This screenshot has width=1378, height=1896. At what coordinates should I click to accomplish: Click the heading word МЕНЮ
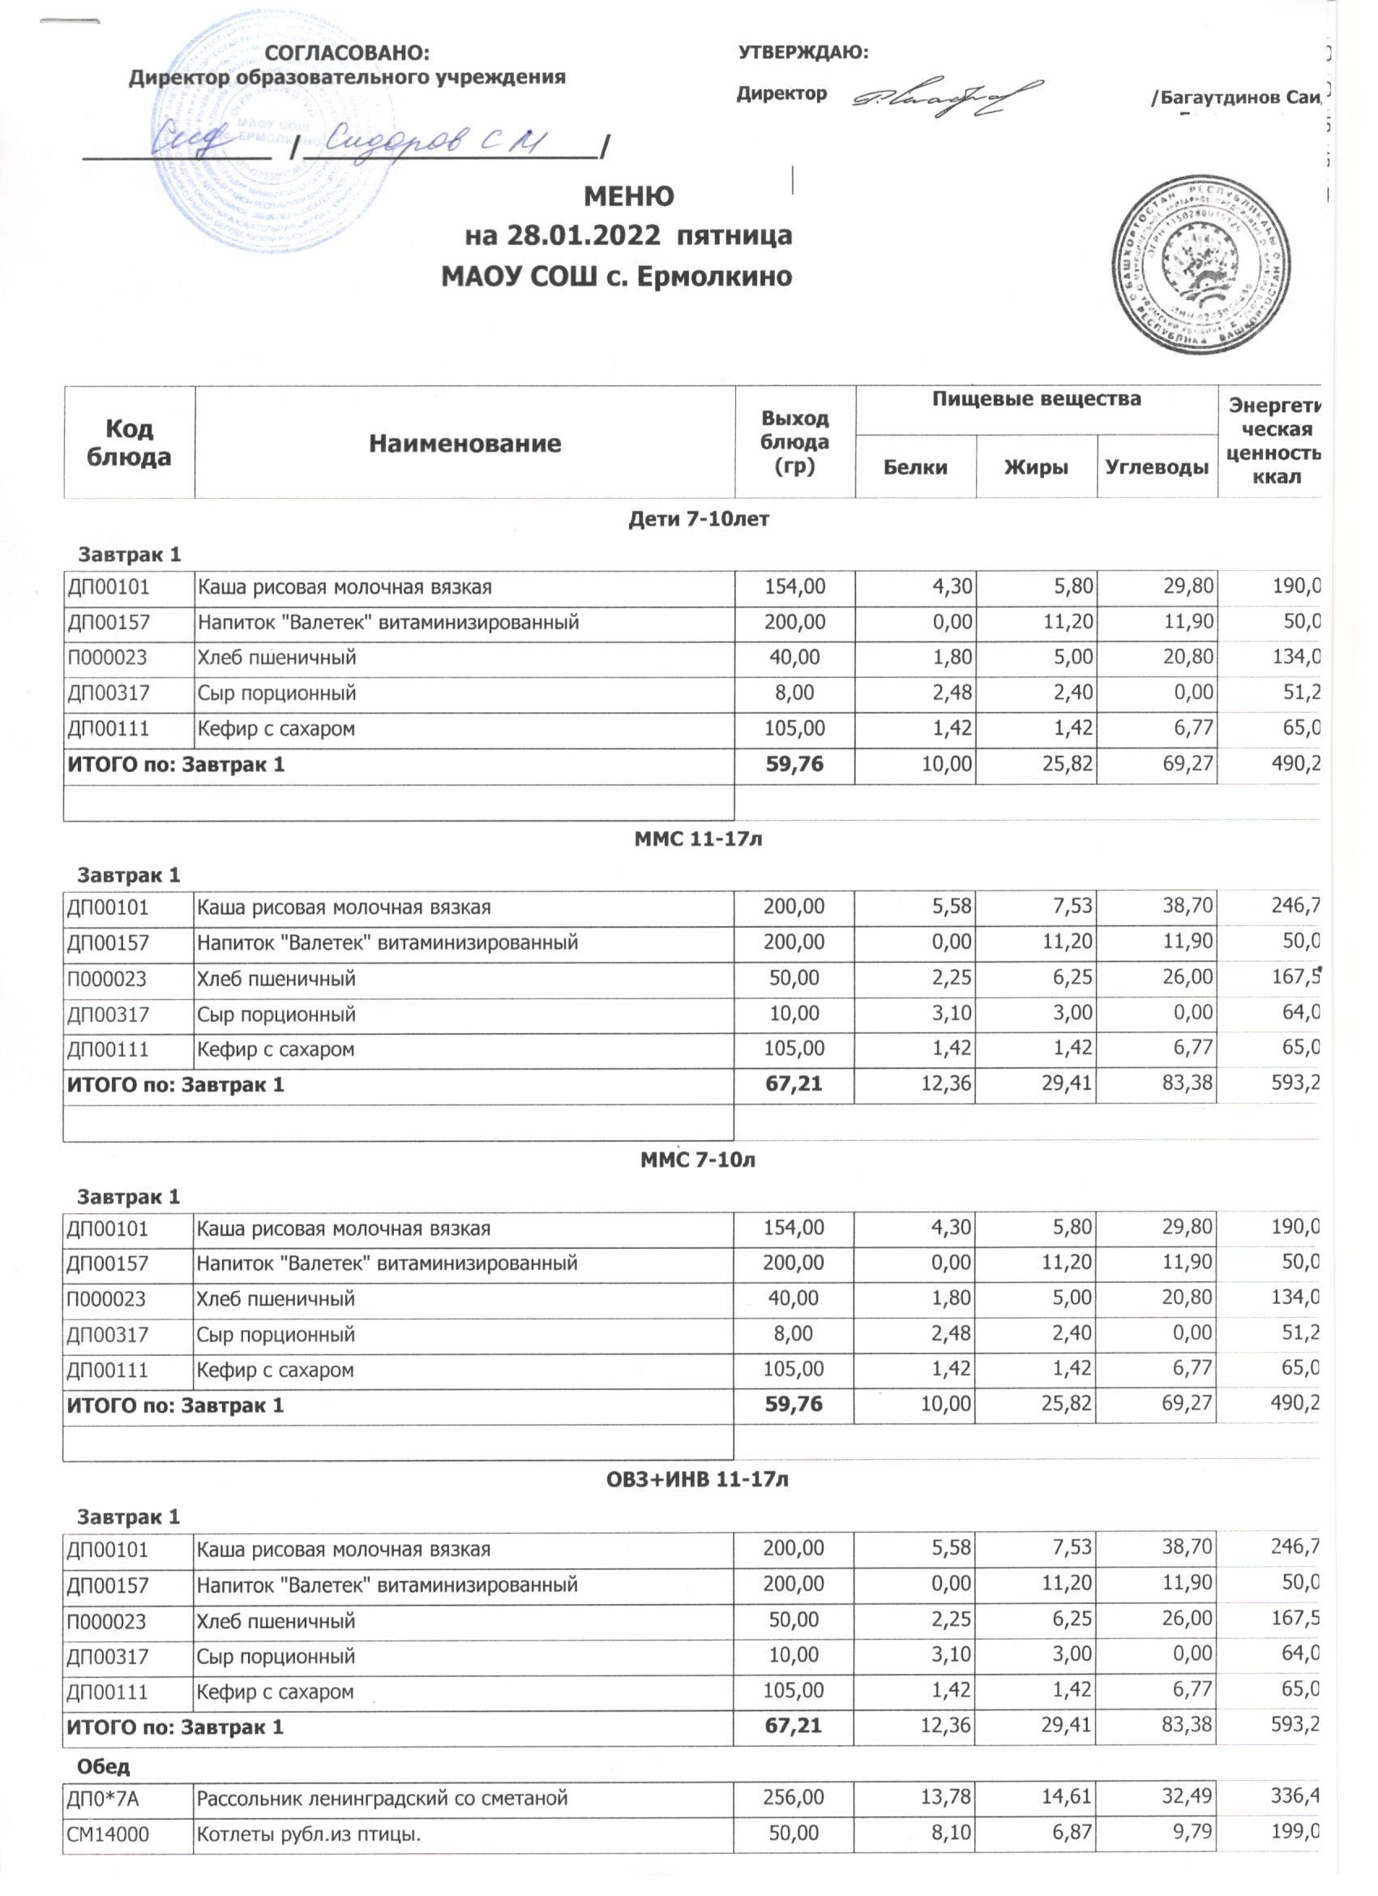pyautogui.click(x=627, y=196)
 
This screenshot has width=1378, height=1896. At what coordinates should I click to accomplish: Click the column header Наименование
pyautogui.click(x=464, y=443)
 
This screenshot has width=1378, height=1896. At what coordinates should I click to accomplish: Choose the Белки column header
pyautogui.click(x=915, y=467)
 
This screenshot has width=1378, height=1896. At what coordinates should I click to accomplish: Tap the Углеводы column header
pyautogui.click(x=1157, y=467)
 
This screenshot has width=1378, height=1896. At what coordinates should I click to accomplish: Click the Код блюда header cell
pyautogui.click(x=129, y=443)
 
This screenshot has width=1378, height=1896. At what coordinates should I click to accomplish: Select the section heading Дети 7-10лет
pyautogui.click(x=698, y=519)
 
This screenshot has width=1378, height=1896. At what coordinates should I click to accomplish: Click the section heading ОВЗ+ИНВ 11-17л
pyautogui.click(x=697, y=1480)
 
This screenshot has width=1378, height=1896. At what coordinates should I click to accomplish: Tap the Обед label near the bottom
pyautogui.click(x=104, y=1766)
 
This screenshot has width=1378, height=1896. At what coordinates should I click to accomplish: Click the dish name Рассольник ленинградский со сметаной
pyautogui.click(x=382, y=1797)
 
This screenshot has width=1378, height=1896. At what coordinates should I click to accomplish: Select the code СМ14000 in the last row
pyautogui.click(x=109, y=1833)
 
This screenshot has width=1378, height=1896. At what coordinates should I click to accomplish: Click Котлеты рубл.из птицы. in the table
pyautogui.click(x=308, y=1833)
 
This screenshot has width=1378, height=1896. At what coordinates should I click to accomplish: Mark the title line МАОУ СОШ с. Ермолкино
pyautogui.click(x=616, y=276)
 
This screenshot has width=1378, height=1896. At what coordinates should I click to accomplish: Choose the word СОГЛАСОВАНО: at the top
pyautogui.click(x=347, y=54)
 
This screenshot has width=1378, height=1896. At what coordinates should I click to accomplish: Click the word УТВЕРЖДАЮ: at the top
pyautogui.click(x=803, y=53)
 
